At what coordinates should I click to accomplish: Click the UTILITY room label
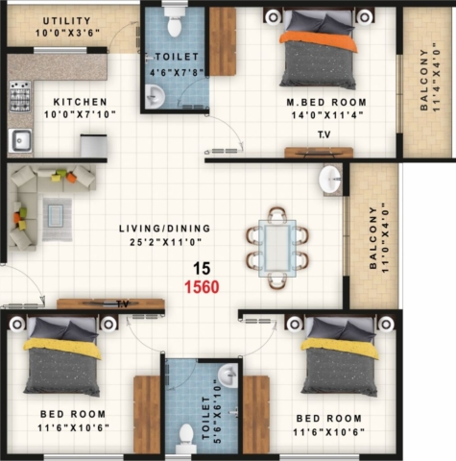(67, 21)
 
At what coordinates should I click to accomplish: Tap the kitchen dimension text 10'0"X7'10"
(80, 114)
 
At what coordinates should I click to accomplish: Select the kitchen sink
(20, 140)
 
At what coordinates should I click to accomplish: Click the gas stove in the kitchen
(20, 96)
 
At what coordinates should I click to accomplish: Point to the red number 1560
(202, 287)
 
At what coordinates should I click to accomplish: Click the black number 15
(202, 268)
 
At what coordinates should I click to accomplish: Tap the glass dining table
(277, 248)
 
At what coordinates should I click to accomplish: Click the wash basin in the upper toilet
(156, 96)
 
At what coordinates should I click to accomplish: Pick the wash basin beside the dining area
(330, 179)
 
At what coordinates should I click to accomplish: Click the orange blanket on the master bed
(318, 41)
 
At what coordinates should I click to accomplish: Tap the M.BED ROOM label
(326, 103)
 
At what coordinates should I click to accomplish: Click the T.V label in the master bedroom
(324, 134)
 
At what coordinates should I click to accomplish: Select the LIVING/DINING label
(165, 229)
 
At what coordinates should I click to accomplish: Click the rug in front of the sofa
(58, 219)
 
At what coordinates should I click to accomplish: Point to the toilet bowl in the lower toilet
(185, 437)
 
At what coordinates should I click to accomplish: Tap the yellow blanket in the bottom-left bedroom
(62, 349)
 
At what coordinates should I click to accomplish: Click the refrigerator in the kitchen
(93, 146)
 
